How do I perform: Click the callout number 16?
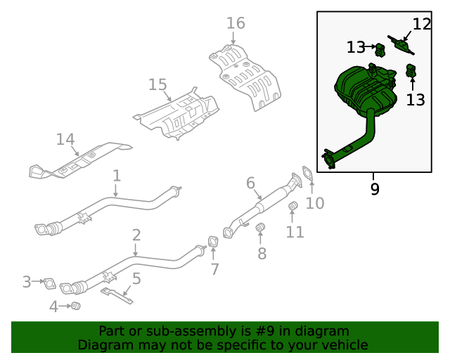236,23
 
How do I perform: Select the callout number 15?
158,85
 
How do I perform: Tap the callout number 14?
65,140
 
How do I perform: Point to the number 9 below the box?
374,188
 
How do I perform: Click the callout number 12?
421,24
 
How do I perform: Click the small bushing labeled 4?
77,306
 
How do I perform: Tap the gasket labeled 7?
212,243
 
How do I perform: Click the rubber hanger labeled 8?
259,227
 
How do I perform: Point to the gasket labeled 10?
308,172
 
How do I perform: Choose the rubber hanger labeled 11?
294,205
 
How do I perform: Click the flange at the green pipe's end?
328,160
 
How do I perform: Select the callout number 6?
250,184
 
